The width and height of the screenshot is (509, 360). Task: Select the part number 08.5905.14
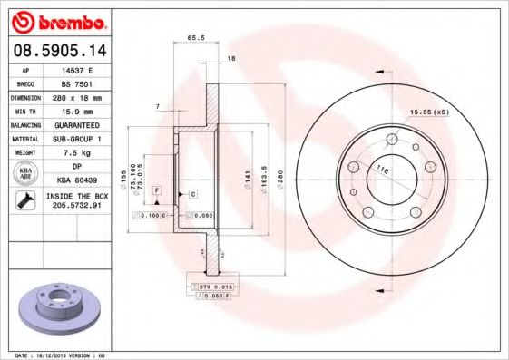[x=57, y=50]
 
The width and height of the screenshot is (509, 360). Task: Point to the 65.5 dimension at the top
[x=194, y=38]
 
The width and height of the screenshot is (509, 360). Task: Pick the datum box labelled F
[x=157, y=190]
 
